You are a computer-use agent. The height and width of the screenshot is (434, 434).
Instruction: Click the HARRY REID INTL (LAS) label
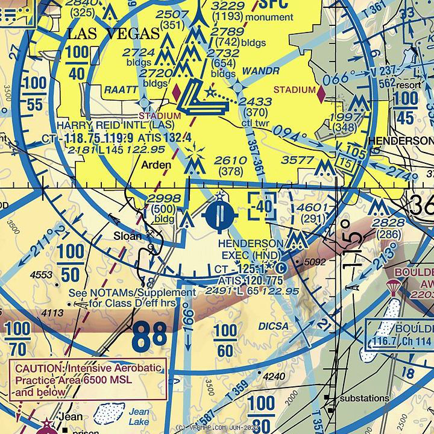click(115, 125)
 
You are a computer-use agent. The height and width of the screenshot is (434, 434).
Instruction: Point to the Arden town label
click(156, 165)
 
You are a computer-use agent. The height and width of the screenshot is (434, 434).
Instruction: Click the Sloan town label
click(128, 236)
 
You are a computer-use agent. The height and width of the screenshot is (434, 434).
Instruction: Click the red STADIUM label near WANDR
click(294, 90)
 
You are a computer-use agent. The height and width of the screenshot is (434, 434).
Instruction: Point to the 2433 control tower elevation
click(254, 102)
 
